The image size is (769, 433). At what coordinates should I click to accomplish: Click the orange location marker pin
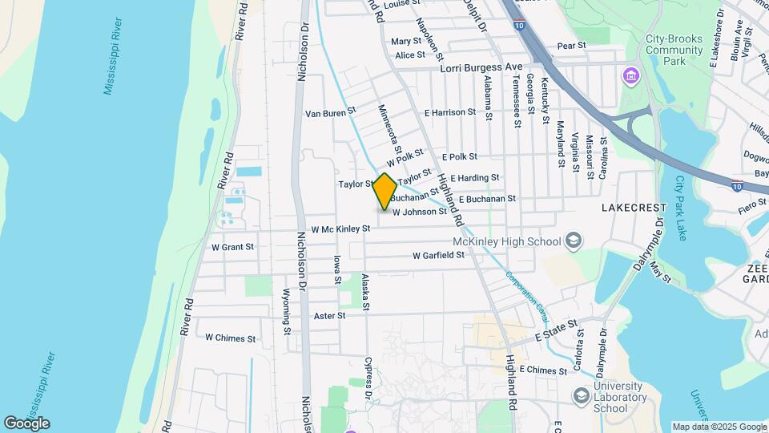385,192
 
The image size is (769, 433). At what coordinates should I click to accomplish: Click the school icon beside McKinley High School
574,240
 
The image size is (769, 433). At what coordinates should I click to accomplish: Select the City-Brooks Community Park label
674,49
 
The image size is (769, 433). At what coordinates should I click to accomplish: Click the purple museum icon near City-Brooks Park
631,76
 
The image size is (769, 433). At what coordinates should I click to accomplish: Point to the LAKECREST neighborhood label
634,208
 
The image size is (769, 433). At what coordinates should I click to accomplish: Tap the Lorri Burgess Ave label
481,70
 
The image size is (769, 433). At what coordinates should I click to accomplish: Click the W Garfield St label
438,256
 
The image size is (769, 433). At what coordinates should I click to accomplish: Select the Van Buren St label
330,114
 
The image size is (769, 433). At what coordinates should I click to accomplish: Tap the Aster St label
329,316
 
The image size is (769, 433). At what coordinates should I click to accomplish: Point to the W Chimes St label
231,338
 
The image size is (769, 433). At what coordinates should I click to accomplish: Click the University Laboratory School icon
582,396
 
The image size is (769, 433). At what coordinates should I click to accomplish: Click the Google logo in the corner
26,423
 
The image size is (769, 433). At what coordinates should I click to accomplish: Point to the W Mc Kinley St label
341,229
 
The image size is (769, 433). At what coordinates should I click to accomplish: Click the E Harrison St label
450,113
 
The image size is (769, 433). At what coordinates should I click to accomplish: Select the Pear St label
571,46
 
